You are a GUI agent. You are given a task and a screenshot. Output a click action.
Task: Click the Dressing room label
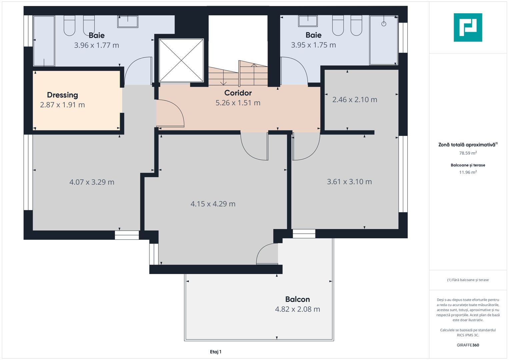tap(62, 95)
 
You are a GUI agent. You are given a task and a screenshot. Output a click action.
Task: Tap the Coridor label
tap(238, 93)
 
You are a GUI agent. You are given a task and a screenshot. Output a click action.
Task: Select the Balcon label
tap(297, 299)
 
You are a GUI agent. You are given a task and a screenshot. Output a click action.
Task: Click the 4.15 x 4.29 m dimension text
tap(213, 204)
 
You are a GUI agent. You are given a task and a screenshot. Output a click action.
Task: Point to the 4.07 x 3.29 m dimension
tap(92, 182)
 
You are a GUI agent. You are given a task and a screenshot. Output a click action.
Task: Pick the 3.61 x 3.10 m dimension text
tap(349, 182)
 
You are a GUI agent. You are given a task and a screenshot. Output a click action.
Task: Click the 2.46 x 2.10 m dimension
tap(355, 100)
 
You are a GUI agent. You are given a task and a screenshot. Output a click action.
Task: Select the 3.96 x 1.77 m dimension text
tap(96, 45)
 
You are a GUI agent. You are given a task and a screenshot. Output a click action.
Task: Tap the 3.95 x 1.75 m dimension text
tap(313, 45)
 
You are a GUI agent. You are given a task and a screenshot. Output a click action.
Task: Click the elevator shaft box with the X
tap(181, 60)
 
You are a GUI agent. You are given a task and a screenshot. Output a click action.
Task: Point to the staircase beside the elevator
tap(238, 75)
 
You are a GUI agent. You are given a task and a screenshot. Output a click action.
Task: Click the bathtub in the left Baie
tap(44, 41)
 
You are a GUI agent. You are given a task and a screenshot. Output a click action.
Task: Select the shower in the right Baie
tap(384, 40)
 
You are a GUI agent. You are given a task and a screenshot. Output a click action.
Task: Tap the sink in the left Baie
tap(128, 21)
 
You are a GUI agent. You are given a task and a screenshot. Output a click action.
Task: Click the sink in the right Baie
tap(308, 21)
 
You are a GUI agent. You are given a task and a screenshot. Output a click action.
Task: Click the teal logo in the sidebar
tap(468, 27)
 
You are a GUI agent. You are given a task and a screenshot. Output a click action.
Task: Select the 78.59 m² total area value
tap(468, 153)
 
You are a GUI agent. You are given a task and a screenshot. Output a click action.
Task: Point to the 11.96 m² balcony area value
tap(468, 172)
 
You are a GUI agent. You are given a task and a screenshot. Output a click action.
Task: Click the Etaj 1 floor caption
tap(216, 352)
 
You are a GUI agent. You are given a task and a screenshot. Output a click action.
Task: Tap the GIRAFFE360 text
tap(468, 345)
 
